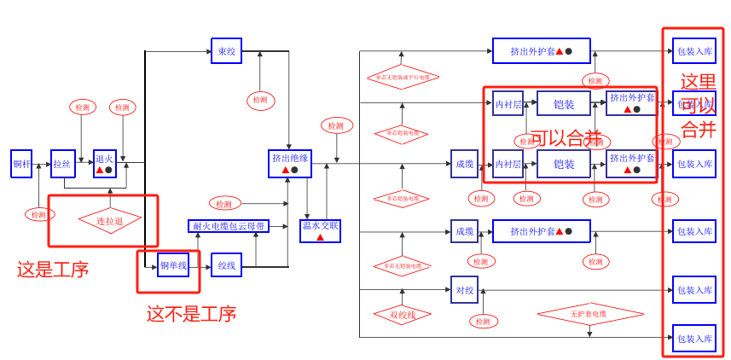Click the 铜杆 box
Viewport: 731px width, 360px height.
(21, 164)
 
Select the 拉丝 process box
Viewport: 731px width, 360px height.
(62, 164)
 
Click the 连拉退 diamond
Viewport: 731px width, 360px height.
(109, 221)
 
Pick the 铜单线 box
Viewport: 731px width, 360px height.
(173, 265)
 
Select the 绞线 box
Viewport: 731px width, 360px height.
(226, 265)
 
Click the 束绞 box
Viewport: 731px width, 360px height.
(226, 51)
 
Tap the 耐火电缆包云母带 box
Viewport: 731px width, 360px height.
(229, 226)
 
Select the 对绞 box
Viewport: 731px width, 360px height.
(464, 290)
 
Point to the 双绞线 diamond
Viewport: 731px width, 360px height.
(402, 315)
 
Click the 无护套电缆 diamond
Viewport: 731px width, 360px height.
(589, 314)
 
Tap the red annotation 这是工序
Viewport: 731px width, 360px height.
(53, 270)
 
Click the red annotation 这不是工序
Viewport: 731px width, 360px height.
(191, 314)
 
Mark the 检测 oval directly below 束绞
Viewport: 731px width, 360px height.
(261, 101)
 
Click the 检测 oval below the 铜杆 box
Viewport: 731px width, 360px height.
(39, 215)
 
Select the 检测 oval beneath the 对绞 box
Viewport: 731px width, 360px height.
(483, 322)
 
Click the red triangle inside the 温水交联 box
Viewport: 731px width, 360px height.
(320, 237)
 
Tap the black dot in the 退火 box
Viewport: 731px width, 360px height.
(109, 170)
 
